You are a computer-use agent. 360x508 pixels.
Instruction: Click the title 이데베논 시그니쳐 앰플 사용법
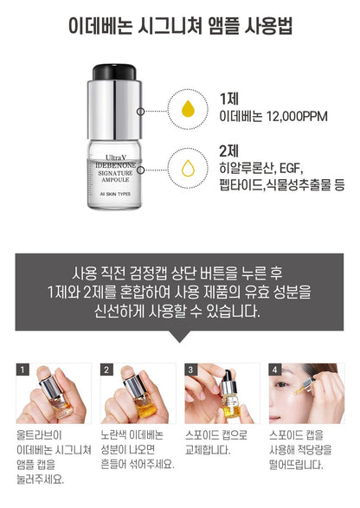[179, 24]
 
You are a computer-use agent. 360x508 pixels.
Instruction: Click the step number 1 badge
[23, 370]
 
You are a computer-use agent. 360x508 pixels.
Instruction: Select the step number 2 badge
[107, 370]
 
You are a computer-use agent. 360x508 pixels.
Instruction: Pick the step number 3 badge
[192, 370]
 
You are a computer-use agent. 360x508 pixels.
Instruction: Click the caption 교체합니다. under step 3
[208, 451]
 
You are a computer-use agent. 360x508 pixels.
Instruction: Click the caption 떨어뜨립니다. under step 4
[295, 464]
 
